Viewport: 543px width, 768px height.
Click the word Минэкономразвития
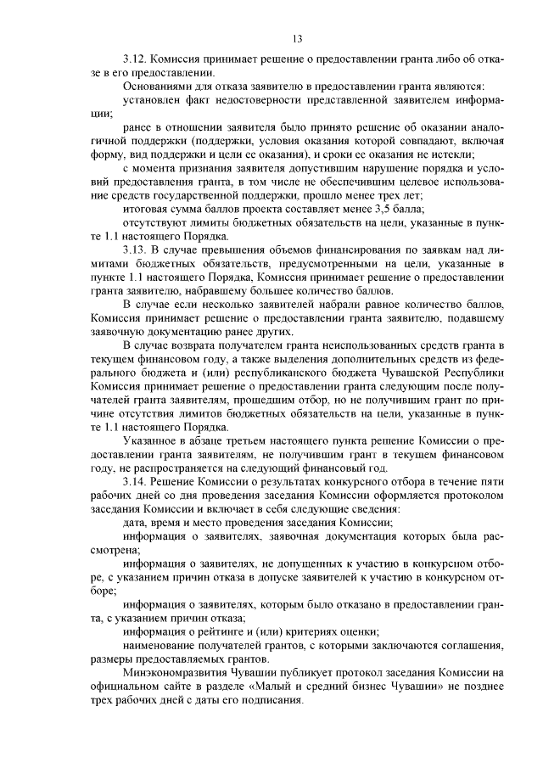[173, 675]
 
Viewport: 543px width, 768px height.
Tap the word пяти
[494, 481]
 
